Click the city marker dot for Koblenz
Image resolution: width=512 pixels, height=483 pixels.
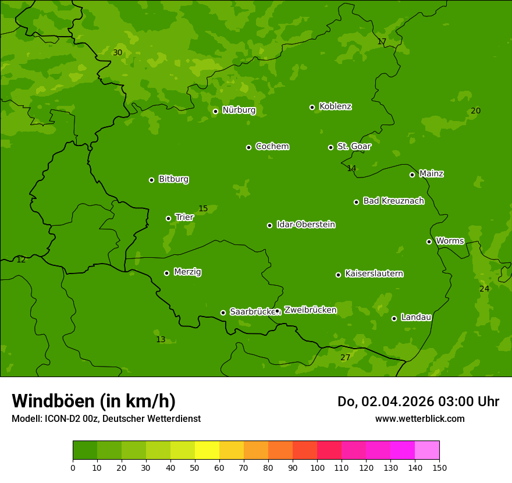(x=312, y=107)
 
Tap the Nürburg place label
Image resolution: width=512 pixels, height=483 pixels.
(x=239, y=110)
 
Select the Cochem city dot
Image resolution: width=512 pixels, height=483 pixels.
(x=248, y=147)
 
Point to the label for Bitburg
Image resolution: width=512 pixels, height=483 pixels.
(x=173, y=179)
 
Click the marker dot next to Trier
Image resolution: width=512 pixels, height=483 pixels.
(x=168, y=218)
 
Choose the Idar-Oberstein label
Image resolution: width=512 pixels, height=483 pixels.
(x=305, y=225)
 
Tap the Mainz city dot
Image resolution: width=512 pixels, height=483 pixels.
(x=412, y=175)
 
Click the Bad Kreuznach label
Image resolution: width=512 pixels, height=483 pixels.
(x=393, y=201)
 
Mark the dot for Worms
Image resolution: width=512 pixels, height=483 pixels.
(x=429, y=241)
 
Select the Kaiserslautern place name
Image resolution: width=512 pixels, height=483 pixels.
(x=374, y=274)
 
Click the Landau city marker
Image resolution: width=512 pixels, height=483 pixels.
(x=394, y=318)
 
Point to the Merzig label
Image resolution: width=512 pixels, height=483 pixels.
(x=187, y=272)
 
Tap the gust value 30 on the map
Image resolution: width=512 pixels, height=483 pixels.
(x=118, y=53)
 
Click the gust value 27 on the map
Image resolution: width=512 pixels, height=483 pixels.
(x=346, y=357)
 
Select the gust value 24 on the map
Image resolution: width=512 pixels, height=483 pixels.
(x=484, y=289)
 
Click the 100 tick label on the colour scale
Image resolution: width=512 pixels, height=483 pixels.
(x=317, y=467)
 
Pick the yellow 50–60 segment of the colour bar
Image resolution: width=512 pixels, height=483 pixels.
(x=232, y=450)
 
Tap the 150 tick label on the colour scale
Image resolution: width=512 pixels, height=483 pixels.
(x=439, y=467)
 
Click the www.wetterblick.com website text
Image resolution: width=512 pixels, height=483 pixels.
(x=419, y=418)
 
